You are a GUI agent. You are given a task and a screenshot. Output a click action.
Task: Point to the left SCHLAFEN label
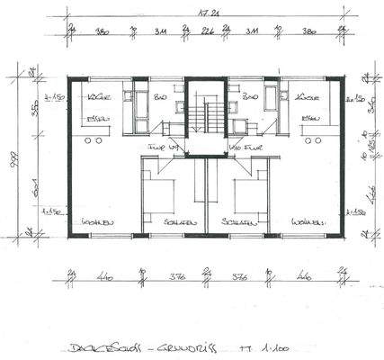[x=167, y=220]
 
